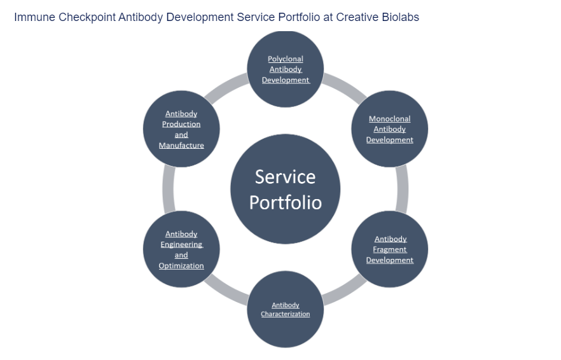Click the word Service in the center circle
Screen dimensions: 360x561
(x=285, y=176)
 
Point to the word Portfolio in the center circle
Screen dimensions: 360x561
(x=285, y=202)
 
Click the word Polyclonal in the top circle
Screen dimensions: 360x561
(x=286, y=59)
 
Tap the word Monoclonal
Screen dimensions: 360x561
(x=389, y=119)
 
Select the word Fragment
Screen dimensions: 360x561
(x=389, y=249)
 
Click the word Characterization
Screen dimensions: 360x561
(x=286, y=314)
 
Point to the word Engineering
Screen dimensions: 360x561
(x=181, y=245)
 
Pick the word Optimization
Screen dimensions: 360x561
(x=181, y=266)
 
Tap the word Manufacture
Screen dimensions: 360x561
(x=181, y=146)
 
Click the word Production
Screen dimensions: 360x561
(x=181, y=125)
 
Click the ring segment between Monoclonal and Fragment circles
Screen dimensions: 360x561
(x=402, y=189)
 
